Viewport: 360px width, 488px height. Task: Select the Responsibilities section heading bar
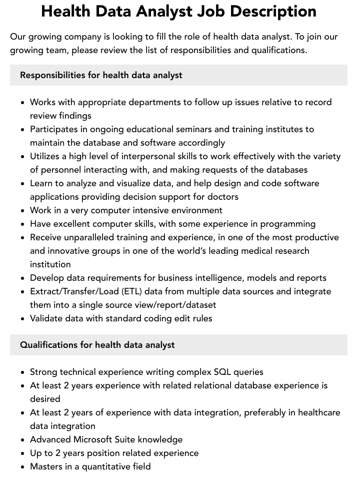pos(178,75)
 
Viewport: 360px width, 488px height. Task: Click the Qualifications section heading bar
pos(178,345)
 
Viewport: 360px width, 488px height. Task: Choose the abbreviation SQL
pos(223,372)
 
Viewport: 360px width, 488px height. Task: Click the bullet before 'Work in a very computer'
pos(23,211)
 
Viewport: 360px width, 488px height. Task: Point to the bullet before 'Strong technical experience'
pos(23,372)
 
